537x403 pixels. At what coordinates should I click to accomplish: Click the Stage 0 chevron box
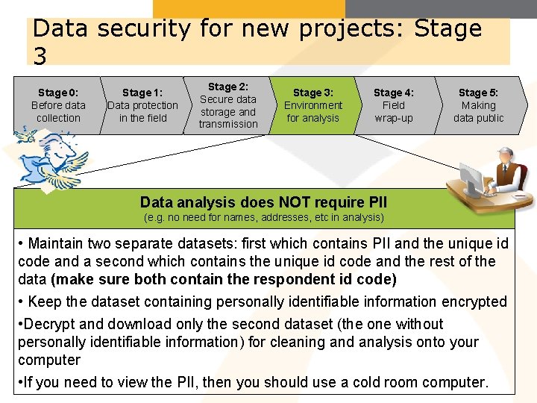[57, 105]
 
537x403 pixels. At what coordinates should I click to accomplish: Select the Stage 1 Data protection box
[142, 105]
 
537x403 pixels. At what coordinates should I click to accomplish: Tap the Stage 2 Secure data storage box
[227, 105]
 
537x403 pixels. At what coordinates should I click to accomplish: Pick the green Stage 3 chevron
[313, 105]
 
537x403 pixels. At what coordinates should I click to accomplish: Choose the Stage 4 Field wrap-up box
[394, 105]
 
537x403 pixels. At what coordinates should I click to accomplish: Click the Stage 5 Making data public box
[478, 105]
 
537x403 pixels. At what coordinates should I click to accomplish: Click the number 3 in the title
[40, 55]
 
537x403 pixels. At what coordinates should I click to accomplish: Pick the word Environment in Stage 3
[313, 105]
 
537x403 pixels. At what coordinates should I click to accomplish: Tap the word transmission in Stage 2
[228, 124]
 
